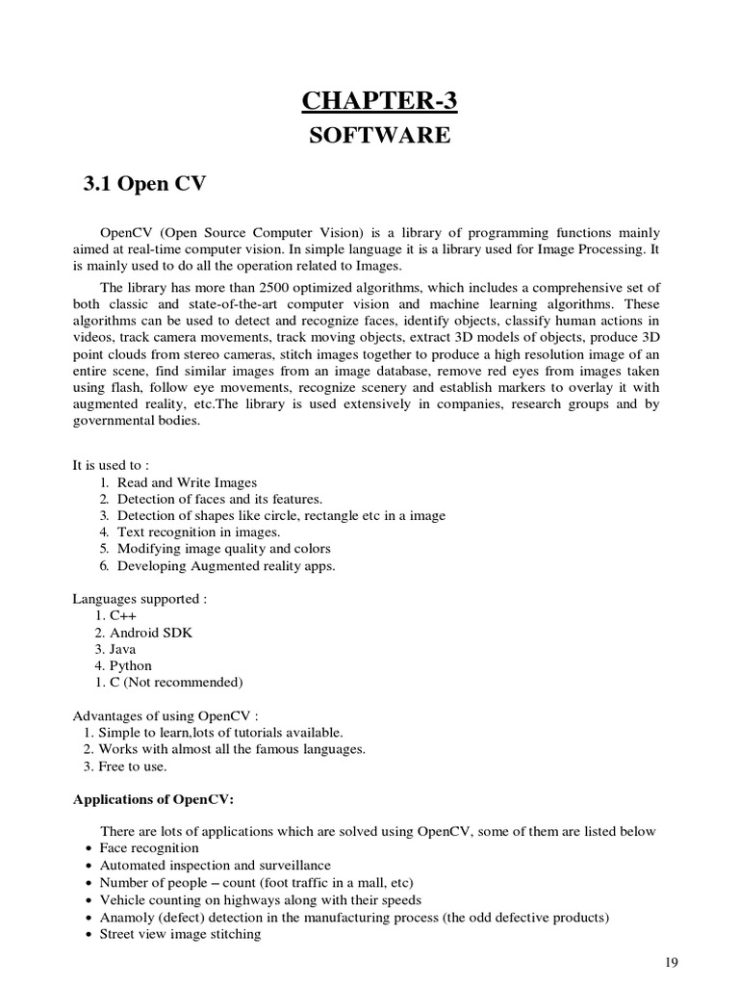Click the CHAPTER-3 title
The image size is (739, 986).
[x=378, y=99]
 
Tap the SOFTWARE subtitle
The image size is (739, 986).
[x=378, y=135]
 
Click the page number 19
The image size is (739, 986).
[x=673, y=962]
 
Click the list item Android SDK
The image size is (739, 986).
[x=151, y=633]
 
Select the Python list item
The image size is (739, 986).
[x=130, y=665]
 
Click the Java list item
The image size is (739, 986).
[x=124, y=649]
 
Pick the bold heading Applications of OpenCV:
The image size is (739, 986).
[x=154, y=800]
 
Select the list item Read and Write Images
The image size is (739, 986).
[x=187, y=481]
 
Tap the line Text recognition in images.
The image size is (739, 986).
[x=198, y=532]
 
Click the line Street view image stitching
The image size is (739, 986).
[x=180, y=934]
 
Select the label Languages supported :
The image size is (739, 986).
[x=140, y=599]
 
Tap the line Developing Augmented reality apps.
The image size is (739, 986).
[x=226, y=565]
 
